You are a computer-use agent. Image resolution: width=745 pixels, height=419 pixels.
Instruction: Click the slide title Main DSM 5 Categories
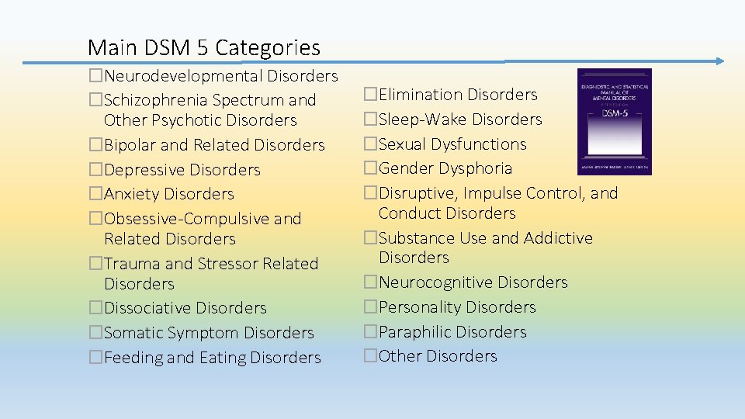[203, 48]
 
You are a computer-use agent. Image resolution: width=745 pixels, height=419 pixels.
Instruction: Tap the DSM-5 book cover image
[614, 121]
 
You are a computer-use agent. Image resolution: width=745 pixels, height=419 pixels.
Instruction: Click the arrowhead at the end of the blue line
[719, 61]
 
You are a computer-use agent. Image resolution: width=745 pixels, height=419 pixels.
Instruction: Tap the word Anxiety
[131, 194]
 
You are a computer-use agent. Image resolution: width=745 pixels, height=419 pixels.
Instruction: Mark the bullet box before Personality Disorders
[370, 307]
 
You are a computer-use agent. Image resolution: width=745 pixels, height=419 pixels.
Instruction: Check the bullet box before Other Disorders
[370, 356]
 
